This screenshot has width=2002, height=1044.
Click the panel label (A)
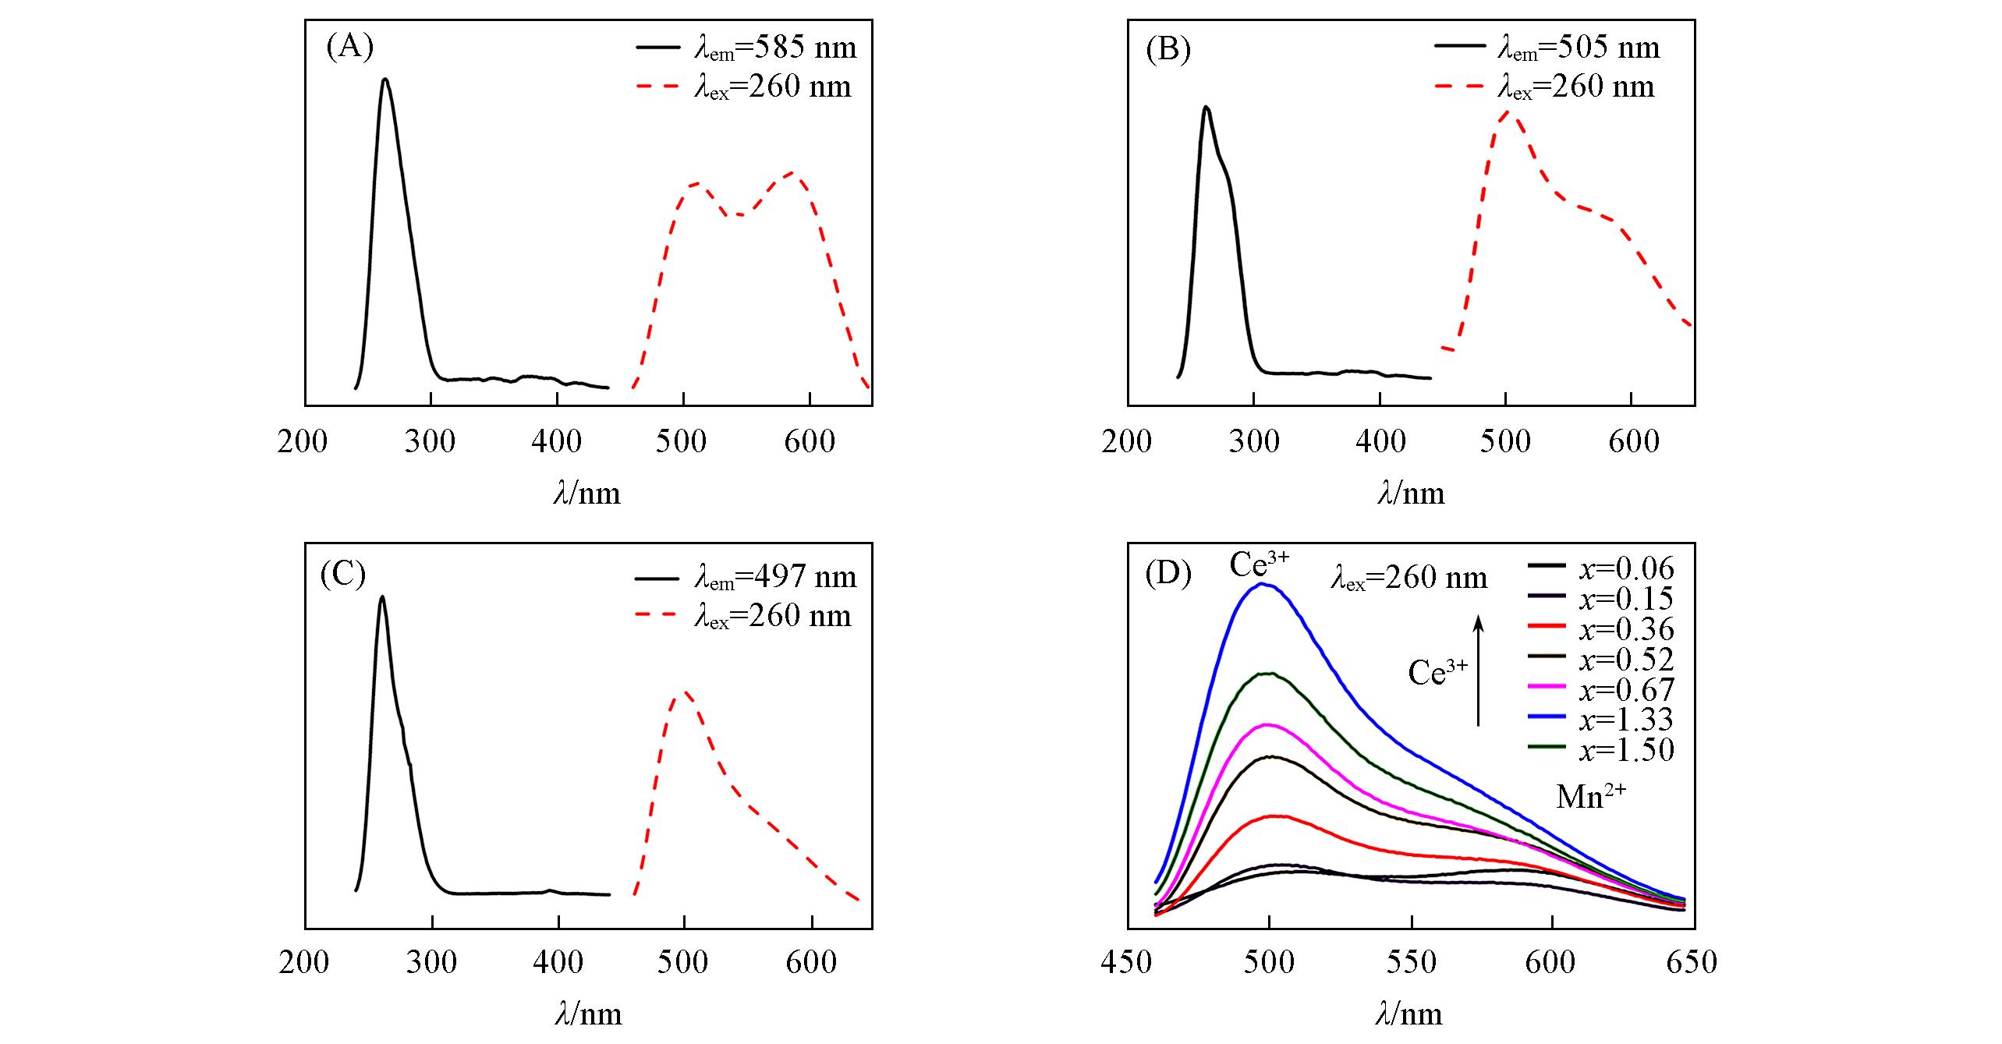click(350, 48)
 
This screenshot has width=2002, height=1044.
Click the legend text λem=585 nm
click(775, 48)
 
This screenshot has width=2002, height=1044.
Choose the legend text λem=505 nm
click(1579, 48)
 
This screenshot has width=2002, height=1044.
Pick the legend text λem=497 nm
click(775, 577)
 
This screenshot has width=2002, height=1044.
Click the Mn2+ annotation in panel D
click(1590, 796)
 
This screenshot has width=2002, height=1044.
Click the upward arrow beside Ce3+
click(1478, 671)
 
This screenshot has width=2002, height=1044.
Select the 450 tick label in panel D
click(1126, 962)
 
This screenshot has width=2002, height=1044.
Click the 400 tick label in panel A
click(557, 441)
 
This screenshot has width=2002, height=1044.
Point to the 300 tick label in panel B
click(1253, 441)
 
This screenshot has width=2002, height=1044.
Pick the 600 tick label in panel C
click(811, 962)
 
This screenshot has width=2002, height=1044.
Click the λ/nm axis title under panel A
click(587, 494)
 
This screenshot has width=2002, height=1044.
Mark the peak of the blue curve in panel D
click(1261, 583)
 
